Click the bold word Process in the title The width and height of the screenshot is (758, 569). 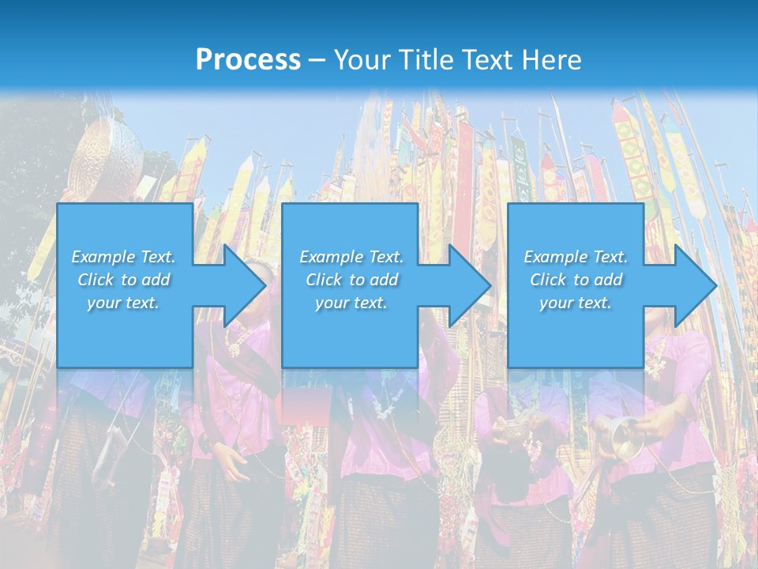pos(248,60)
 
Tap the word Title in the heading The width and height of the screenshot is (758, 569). pos(426,60)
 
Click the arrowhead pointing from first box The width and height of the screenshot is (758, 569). pos(242,285)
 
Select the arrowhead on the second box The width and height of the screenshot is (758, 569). pos(467,285)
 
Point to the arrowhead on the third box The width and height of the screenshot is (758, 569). pos(693,285)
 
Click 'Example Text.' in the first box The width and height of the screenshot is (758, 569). pos(123,257)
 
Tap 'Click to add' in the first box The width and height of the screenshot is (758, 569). pos(123,280)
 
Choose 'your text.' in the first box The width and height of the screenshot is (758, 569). pos(123,303)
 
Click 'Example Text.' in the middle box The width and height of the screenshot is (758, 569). pos(351,257)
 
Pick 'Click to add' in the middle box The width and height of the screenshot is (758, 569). pos(351,280)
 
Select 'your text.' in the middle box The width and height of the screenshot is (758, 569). pos(351,303)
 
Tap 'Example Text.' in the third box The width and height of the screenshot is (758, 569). pos(576,257)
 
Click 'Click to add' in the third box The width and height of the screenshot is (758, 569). pos(576,280)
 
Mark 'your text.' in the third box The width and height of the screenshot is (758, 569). pos(576,303)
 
